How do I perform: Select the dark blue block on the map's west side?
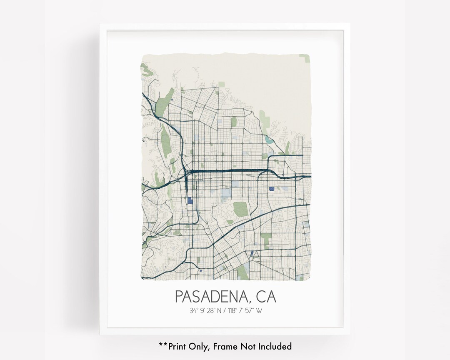click(x=190, y=200)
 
